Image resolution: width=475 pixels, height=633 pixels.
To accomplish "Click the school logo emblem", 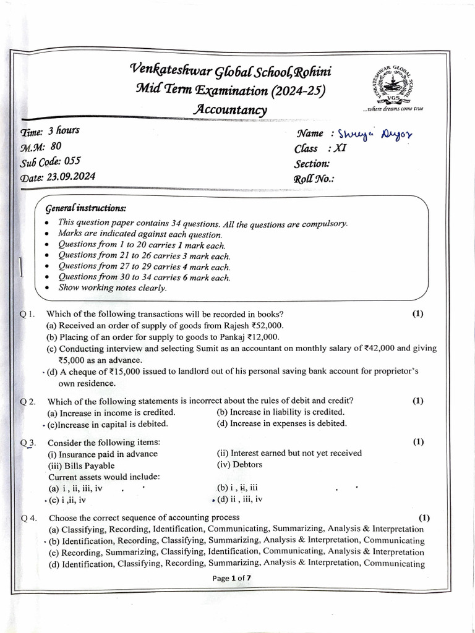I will click(394, 83).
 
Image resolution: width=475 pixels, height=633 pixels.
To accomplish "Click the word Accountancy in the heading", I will click(230, 110).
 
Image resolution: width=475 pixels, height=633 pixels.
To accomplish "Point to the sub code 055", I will click(73, 161).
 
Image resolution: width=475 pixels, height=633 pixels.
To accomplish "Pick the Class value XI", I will click(339, 149).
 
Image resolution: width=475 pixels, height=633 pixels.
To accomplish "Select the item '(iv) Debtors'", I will click(240, 465).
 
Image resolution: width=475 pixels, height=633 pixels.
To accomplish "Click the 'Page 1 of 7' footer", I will click(232, 579).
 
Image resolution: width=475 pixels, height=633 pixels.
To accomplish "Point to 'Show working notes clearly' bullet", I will click(112, 287).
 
